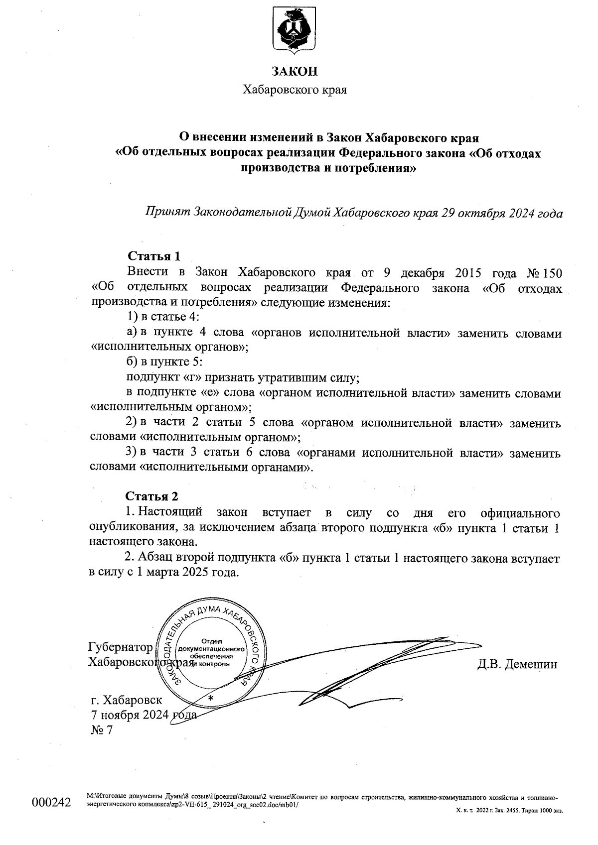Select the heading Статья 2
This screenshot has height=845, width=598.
tap(151, 496)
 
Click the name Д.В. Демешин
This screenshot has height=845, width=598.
tap(517, 664)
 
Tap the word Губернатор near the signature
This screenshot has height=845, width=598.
tap(120, 647)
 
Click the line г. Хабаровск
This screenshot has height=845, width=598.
tap(127, 700)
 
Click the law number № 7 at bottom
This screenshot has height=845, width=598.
tap(102, 730)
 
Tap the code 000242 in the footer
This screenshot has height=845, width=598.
tap(52, 802)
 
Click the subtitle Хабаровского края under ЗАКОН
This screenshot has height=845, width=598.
tap(294, 90)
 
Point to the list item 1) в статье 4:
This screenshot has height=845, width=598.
tap(163, 317)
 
